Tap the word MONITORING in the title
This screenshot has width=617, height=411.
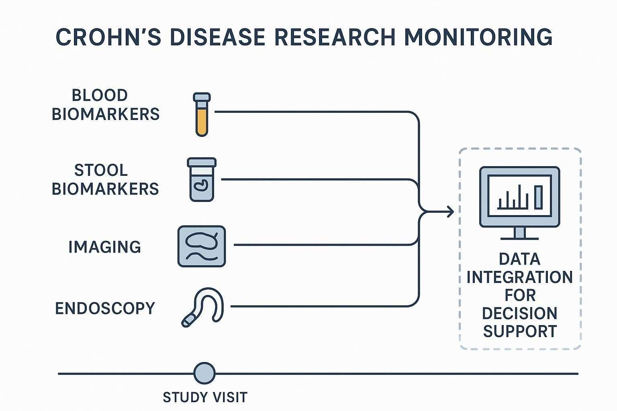(478, 37)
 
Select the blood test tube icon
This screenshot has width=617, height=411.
(202, 115)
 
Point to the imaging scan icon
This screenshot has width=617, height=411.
(202, 246)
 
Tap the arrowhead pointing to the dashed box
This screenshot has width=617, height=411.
(450, 211)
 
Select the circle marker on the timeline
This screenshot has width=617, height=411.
(204, 373)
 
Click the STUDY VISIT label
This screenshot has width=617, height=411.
(205, 397)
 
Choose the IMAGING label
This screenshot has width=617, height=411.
(105, 247)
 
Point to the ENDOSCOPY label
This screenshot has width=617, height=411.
(105, 308)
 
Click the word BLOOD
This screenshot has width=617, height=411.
(100, 96)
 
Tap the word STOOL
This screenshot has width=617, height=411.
(101, 170)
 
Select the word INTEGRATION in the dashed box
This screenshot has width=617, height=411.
(519, 277)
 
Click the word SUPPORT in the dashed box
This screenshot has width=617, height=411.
(520, 332)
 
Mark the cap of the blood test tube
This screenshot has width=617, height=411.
(202, 97)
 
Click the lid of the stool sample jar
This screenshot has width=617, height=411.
(202, 163)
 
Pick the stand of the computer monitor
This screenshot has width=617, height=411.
(519, 233)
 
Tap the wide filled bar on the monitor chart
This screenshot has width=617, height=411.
(538, 197)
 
